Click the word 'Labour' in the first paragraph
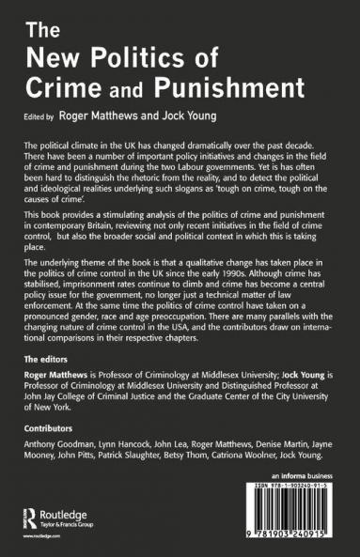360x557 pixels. (210, 175)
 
